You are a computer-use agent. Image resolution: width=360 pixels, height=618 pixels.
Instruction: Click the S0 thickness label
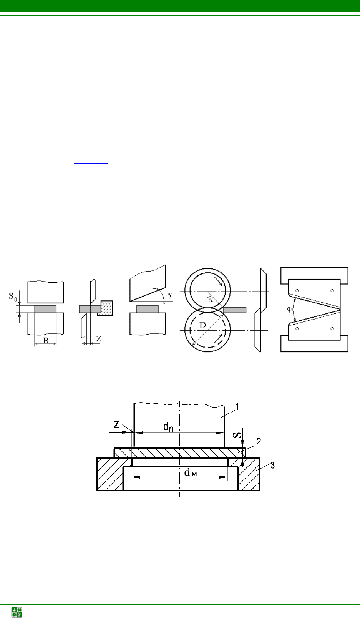tap(13, 297)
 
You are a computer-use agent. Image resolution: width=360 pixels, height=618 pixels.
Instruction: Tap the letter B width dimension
tap(46, 340)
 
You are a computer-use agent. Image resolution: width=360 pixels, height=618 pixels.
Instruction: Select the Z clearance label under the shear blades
tap(99, 338)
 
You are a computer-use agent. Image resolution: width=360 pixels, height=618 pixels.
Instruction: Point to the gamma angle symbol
tap(170, 296)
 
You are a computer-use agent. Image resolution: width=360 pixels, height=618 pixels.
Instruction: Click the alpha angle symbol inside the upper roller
tap(211, 300)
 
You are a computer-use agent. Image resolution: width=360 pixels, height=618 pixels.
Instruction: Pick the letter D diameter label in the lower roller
tap(202, 325)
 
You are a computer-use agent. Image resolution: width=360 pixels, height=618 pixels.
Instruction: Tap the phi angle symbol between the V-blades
tap(289, 309)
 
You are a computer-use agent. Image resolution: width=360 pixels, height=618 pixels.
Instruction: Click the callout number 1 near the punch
tap(237, 407)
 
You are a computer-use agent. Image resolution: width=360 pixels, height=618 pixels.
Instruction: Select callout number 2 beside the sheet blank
tap(259, 441)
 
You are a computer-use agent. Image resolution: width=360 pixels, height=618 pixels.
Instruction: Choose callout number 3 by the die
tap(272, 466)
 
